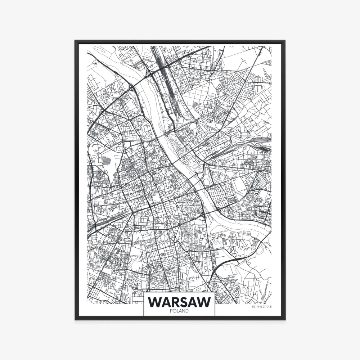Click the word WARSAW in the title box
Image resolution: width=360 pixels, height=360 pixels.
click(179, 302)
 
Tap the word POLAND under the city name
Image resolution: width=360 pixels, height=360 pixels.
click(179, 311)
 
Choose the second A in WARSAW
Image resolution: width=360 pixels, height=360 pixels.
click(193, 302)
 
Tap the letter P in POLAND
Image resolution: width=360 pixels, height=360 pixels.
click(171, 311)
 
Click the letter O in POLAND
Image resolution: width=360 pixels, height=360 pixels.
click(174, 311)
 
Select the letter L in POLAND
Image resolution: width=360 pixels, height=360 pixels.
click(177, 311)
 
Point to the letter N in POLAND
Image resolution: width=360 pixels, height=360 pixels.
click(184, 311)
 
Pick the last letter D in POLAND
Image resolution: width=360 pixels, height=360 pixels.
click(187, 311)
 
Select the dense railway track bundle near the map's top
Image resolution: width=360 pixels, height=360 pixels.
click(162, 68)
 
